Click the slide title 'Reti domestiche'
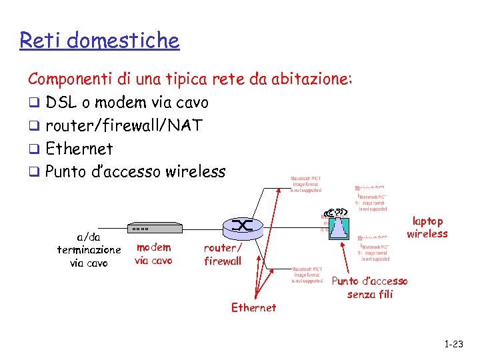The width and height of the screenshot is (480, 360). [99, 41]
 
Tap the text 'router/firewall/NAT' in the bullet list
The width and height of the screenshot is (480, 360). [124, 125]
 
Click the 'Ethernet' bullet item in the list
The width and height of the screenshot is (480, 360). [79, 149]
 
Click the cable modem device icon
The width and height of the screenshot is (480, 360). [154, 228]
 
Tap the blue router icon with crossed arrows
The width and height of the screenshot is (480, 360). [241, 227]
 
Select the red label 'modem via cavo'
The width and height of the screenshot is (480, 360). [153, 254]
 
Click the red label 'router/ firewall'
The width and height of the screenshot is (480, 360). [223, 254]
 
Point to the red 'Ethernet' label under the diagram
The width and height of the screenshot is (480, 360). [253, 307]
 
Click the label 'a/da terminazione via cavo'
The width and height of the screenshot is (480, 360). [89, 249]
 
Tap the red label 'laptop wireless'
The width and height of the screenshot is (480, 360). [427, 227]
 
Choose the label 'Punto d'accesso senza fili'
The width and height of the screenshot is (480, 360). [370, 287]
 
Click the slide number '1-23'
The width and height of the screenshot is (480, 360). [453, 344]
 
